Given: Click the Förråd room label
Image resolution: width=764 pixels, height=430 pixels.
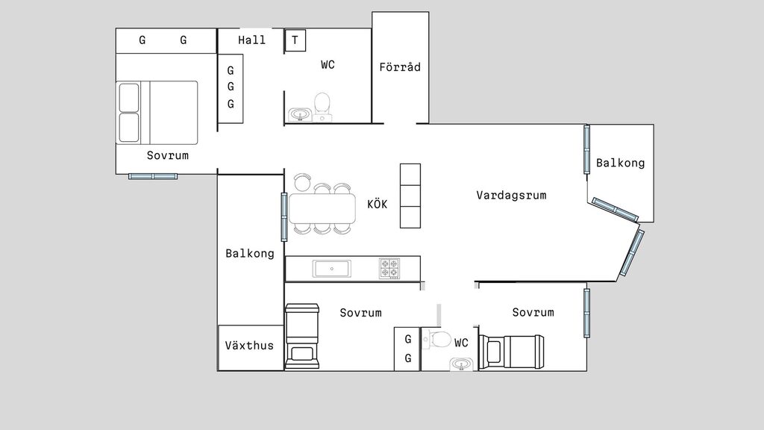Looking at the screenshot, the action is (400, 66).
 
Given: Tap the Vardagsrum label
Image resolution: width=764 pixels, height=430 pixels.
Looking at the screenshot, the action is (511, 196).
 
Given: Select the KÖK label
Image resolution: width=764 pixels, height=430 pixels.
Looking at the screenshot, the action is (377, 204).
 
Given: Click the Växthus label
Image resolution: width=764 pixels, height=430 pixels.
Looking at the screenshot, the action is (249, 346).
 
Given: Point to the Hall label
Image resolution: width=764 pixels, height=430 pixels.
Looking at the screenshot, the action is (251, 40).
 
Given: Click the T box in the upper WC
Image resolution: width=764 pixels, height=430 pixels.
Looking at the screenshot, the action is (295, 40).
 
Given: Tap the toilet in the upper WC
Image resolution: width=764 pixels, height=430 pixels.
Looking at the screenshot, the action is (322, 107).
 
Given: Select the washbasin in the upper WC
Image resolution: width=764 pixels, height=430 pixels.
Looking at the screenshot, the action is (300, 114).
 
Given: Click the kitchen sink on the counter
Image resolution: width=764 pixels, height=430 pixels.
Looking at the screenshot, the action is (332, 269).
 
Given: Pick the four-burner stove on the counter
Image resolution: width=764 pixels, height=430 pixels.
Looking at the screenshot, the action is (389, 269).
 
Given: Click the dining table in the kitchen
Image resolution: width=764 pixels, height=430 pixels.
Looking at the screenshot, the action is (322, 209).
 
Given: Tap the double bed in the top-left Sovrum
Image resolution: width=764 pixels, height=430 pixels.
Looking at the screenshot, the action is (157, 113).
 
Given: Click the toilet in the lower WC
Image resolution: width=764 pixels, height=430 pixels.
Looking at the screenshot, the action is (437, 339).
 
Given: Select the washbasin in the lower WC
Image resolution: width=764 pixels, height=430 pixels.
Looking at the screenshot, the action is (461, 364).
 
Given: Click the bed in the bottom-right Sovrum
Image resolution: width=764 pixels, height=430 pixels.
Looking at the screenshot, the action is (512, 352).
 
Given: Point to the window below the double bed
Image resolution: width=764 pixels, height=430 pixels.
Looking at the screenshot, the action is (153, 176).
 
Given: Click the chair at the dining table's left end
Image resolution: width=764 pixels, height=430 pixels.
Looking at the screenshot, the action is (302, 182).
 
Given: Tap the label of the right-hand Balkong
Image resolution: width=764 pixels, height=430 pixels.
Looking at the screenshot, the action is (620, 163).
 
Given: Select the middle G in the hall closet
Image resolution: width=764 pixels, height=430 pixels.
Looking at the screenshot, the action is (231, 87).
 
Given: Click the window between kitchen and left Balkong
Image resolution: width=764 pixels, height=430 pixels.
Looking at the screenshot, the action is (284, 217).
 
